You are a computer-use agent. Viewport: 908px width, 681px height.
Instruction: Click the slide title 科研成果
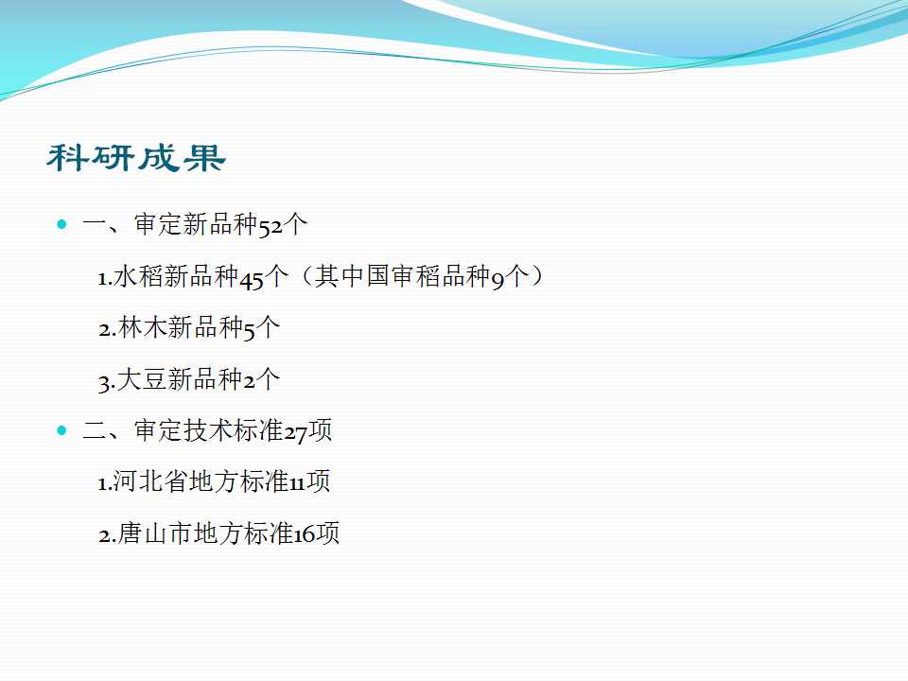pos(136,158)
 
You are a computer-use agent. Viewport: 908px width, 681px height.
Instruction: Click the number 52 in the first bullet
pos(271,226)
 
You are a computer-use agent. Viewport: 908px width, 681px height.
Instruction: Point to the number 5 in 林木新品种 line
pos(249,331)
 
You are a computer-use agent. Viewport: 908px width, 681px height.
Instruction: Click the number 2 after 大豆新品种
pos(249,381)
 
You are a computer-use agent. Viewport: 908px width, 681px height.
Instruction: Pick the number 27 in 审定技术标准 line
pos(295,433)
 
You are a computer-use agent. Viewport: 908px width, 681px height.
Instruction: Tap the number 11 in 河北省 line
pos(297,483)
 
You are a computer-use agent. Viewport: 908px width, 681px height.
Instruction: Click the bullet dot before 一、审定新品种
pos(62,224)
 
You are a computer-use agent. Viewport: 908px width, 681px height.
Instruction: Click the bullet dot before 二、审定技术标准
pos(62,430)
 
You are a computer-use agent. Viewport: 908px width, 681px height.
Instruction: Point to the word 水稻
pos(138,276)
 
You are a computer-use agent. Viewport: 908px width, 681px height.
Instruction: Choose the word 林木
pos(143,327)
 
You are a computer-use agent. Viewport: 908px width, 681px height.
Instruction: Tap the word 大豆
pos(143,378)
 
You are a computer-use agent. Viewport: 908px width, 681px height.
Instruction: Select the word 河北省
pos(150,481)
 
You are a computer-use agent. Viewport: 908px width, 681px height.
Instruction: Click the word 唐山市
pos(155,533)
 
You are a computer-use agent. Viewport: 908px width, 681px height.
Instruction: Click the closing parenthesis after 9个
pos(537,276)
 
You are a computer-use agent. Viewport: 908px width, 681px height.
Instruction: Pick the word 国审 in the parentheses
pos(391,276)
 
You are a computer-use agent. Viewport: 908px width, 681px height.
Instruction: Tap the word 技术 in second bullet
pos(208,430)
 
